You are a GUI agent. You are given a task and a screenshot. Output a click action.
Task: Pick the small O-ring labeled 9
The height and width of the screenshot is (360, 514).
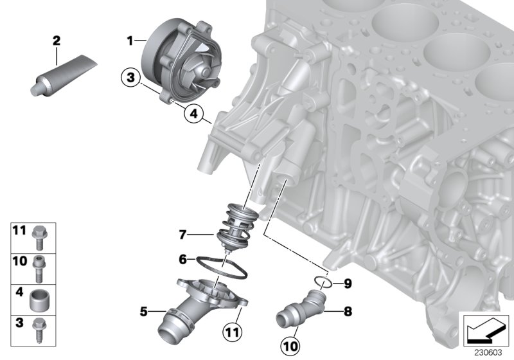click(x=324, y=281)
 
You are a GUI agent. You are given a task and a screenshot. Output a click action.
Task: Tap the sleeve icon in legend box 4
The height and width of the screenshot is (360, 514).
click(x=40, y=298)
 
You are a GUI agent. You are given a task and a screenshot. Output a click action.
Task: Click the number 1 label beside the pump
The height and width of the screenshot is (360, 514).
click(x=130, y=40)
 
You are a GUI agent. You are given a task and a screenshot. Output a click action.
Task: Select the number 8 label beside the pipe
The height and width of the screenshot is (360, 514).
click(x=348, y=312)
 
